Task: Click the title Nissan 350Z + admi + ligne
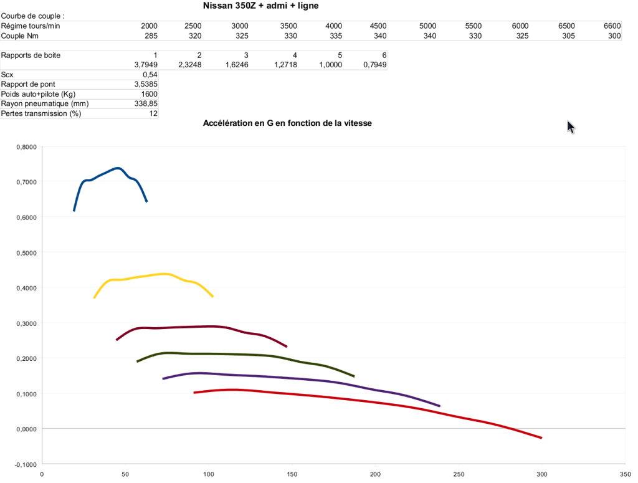click(262, 6)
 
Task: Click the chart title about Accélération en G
click(287, 123)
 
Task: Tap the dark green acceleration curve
click(249, 355)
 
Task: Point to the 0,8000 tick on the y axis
click(26, 147)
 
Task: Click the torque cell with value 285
click(150, 36)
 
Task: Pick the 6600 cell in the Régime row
click(612, 26)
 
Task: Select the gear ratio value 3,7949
click(146, 65)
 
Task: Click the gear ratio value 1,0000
click(330, 65)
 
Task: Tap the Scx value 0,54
click(150, 75)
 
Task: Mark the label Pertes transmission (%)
click(41, 113)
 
